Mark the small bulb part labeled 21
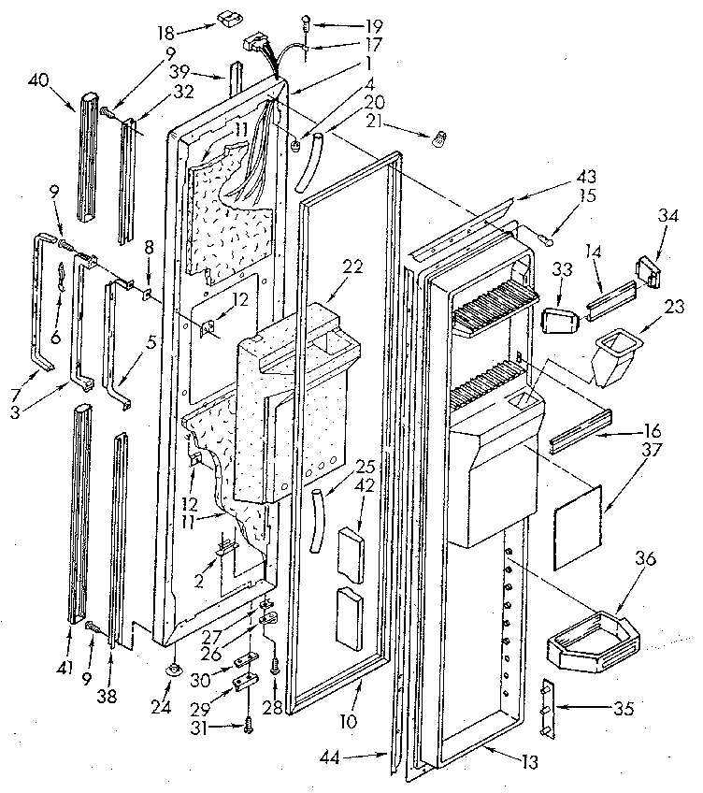tap(435, 139)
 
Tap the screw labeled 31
tap(249, 724)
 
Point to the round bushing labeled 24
tap(175, 670)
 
